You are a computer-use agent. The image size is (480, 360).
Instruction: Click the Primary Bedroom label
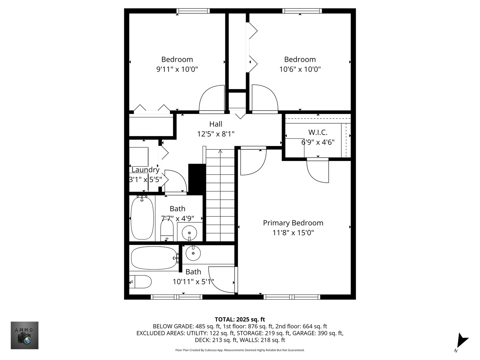tap(293, 223)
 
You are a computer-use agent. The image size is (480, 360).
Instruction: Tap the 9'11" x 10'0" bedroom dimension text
tap(177, 69)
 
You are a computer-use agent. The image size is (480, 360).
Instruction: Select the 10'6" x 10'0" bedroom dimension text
tap(300, 69)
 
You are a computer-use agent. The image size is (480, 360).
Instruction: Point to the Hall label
tap(216, 124)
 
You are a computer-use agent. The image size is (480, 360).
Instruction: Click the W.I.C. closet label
tap(318, 132)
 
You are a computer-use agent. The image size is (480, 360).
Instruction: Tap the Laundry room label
tap(145, 170)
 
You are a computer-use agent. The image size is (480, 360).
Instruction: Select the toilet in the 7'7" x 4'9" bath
tap(167, 230)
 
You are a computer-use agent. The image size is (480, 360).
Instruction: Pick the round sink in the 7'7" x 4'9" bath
tap(189, 231)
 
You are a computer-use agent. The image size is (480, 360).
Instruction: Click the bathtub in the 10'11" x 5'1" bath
tap(154, 258)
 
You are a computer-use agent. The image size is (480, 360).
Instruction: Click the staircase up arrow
tap(220, 152)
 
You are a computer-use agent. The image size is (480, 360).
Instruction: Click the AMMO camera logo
tap(25, 335)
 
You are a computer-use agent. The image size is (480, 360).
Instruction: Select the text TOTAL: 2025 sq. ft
tap(240, 320)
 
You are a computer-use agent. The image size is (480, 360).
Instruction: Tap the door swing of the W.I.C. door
tap(317, 171)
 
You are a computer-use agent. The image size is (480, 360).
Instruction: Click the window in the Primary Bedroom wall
tap(292, 297)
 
